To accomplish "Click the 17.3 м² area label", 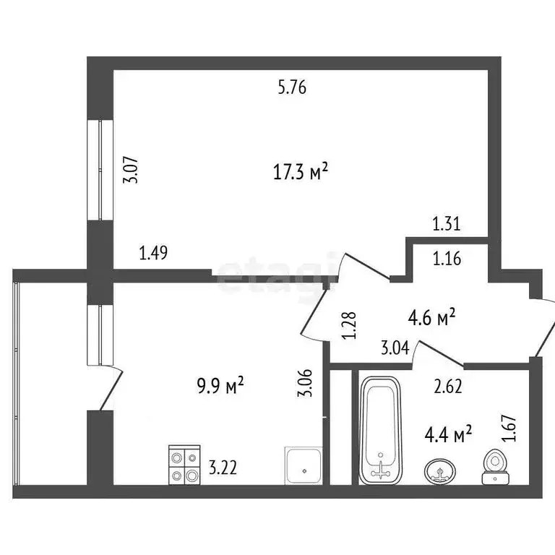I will click(302, 172).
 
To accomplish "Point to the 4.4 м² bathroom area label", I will click(447, 434).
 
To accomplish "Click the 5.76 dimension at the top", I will click(293, 88).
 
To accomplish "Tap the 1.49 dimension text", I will click(154, 252).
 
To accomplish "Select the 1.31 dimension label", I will click(447, 225).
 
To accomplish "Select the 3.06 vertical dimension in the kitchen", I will click(307, 383).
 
